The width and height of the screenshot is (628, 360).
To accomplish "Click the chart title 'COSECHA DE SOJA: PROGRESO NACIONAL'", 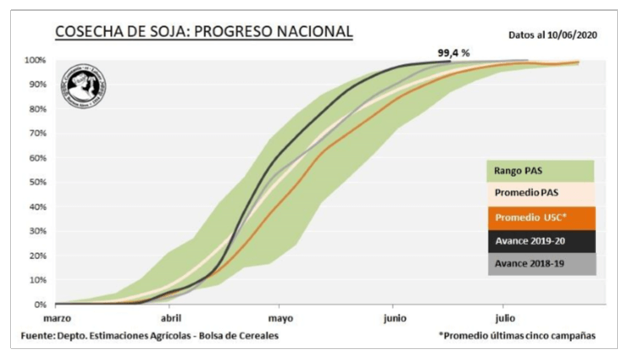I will click(x=203, y=31).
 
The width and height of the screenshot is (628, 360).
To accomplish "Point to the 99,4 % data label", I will click(x=453, y=53).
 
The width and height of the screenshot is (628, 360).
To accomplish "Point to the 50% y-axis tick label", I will click(x=36, y=183).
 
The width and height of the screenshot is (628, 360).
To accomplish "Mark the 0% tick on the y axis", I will click(x=39, y=304).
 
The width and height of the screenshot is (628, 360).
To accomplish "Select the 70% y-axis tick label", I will click(x=36, y=134).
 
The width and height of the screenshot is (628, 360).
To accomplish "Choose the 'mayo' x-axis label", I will click(x=281, y=319).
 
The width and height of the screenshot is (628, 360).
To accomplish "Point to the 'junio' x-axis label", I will click(x=393, y=319).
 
